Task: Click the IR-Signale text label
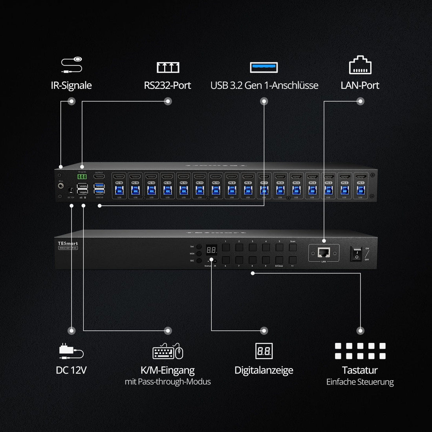71,85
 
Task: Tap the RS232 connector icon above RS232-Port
168,67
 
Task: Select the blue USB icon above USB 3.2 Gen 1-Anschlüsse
264,67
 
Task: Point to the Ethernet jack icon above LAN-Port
360,66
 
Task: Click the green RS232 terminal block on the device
82,177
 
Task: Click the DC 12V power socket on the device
71,190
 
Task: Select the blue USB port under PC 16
119,190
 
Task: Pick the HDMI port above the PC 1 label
360,176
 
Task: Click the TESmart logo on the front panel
68,243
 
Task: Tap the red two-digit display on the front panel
211,250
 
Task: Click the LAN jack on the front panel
324,253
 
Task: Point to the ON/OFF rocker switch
357,254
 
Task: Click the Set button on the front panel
199,247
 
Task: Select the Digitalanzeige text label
264,370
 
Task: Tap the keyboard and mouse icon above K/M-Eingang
168,351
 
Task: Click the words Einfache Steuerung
360,382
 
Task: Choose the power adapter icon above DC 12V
71,351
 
